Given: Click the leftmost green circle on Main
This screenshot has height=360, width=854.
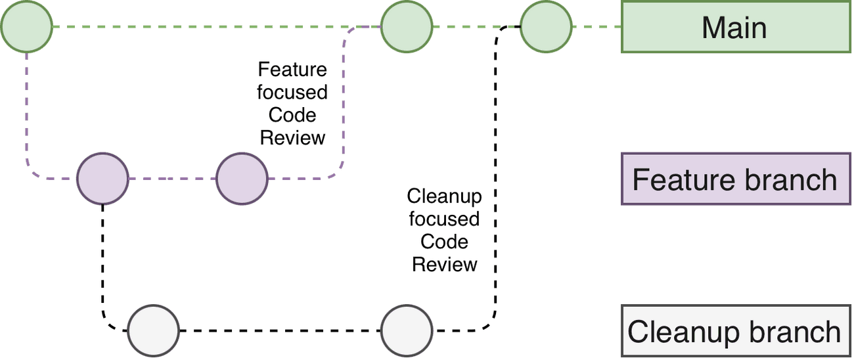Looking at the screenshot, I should click(26, 27).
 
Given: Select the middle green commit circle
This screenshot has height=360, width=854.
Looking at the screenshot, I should click(407, 27).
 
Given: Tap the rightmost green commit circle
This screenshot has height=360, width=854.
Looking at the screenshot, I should click(546, 27).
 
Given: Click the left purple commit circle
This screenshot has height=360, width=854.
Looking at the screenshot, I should click(102, 178).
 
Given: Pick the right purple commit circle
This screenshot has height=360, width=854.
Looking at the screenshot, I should click(242, 178).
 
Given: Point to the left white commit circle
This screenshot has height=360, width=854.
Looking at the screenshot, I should click(153, 329).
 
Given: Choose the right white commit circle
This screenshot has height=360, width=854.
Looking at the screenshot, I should click(407, 329).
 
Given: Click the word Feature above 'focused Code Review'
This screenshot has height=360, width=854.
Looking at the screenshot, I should click(292, 70).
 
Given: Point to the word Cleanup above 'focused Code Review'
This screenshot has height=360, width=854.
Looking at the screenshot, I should click(445, 196).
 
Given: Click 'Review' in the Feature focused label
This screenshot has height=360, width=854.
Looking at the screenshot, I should click(292, 138).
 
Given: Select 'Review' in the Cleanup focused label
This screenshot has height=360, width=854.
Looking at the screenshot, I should click(445, 265).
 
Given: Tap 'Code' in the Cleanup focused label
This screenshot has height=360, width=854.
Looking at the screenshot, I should click(445, 242).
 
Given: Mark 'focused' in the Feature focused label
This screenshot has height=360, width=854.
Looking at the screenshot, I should click(292, 93).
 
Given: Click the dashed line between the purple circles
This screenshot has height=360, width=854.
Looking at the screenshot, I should click(172, 178).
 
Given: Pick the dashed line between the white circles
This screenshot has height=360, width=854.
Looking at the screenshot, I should click(280, 329).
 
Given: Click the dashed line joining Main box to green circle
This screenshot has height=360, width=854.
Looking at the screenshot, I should click(596, 27).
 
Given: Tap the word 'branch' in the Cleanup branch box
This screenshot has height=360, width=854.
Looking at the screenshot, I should click(799, 332).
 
